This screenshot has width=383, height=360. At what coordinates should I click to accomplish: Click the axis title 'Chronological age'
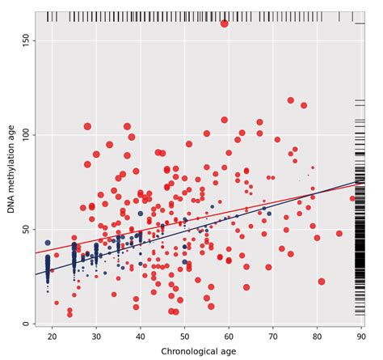(x=199, y=351)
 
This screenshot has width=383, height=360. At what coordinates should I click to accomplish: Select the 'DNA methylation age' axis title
(x=11, y=168)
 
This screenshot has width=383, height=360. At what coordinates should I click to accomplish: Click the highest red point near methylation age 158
(x=225, y=23)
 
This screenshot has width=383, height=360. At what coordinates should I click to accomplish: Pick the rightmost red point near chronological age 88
(x=352, y=198)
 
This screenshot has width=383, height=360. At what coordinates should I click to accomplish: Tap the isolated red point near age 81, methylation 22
(x=322, y=282)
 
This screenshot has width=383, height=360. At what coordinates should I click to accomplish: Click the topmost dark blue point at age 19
(x=48, y=243)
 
